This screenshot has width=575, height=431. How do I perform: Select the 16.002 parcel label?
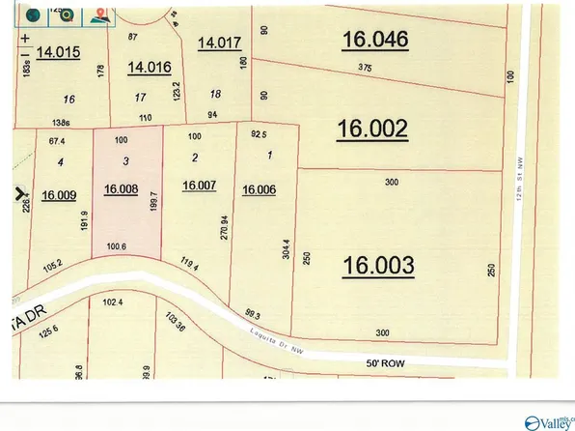(x=373, y=129)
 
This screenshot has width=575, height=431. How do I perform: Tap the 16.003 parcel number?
(x=379, y=264)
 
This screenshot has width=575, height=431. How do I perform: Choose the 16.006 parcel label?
(x=260, y=190)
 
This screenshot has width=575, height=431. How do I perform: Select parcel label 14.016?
(x=150, y=67)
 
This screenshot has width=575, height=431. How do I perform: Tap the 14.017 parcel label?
(x=219, y=43)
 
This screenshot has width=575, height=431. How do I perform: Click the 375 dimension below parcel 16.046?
(x=364, y=68)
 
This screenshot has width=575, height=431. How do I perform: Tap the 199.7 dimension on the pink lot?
(x=152, y=204)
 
